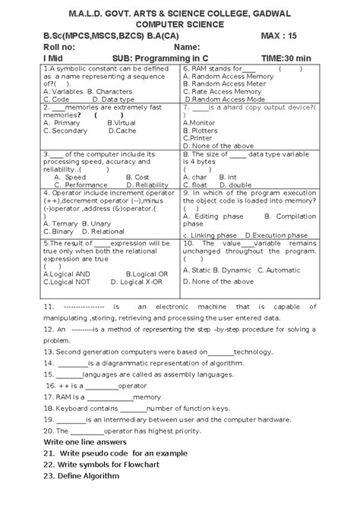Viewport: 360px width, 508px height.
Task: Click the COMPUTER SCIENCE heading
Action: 179,24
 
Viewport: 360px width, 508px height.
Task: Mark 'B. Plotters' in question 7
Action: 202,131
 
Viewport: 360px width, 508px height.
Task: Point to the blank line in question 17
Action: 109,397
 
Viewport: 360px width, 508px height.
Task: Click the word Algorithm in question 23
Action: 99,476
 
